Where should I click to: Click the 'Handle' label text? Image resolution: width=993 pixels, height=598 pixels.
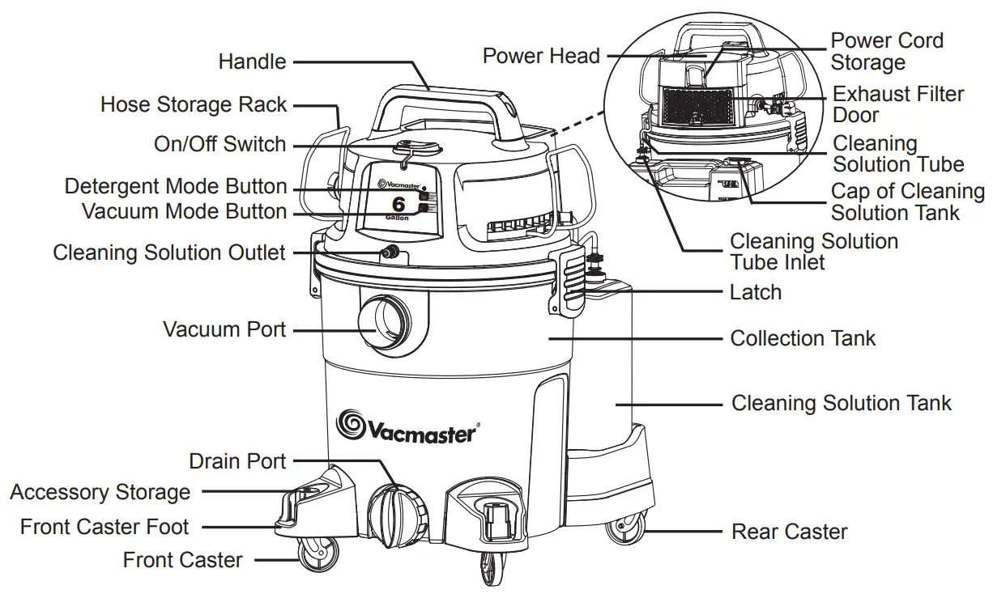pyautogui.click(x=252, y=61)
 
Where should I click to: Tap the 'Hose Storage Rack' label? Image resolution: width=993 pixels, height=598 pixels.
pyautogui.click(x=194, y=104)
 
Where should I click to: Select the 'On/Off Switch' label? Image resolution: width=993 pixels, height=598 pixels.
pyautogui.click(x=219, y=145)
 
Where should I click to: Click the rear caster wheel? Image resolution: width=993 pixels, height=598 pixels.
pyautogui.click(x=626, y=531)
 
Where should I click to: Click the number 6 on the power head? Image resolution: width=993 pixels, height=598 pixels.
pyautogui.click(x=398, y=205)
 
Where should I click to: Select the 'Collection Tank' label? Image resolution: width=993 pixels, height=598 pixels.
pyautogui.click(x=803, y=338)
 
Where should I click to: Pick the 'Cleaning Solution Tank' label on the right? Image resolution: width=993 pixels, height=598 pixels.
pyautogui.click(x=842, y=403)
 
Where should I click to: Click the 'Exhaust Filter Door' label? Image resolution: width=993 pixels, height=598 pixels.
pyautogui.click(x=897, y=104)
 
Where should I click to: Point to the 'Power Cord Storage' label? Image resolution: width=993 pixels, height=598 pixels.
pyautogui.click(x=886, y=51)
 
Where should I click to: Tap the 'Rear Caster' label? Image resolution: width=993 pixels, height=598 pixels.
pyautogui.click(x=789, y=532)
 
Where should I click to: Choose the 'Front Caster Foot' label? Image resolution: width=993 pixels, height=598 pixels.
pyautogui.click(x=104, y=527)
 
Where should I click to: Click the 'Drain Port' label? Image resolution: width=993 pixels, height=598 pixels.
pyautogui.click(x=237, y=461)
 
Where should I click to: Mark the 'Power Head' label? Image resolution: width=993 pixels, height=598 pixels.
pyautogui.click(x=541, y=56)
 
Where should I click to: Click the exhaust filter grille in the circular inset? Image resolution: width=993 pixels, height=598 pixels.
pyautogui.click(x=697, y=105)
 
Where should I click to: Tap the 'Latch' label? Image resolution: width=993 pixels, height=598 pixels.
pyautogui.click(x=756, y=292)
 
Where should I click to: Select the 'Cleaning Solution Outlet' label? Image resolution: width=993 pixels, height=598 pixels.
pyautogui.click(x=169, y=252)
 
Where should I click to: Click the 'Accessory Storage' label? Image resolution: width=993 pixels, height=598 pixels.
pyautogui.click(x=100, y=492)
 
